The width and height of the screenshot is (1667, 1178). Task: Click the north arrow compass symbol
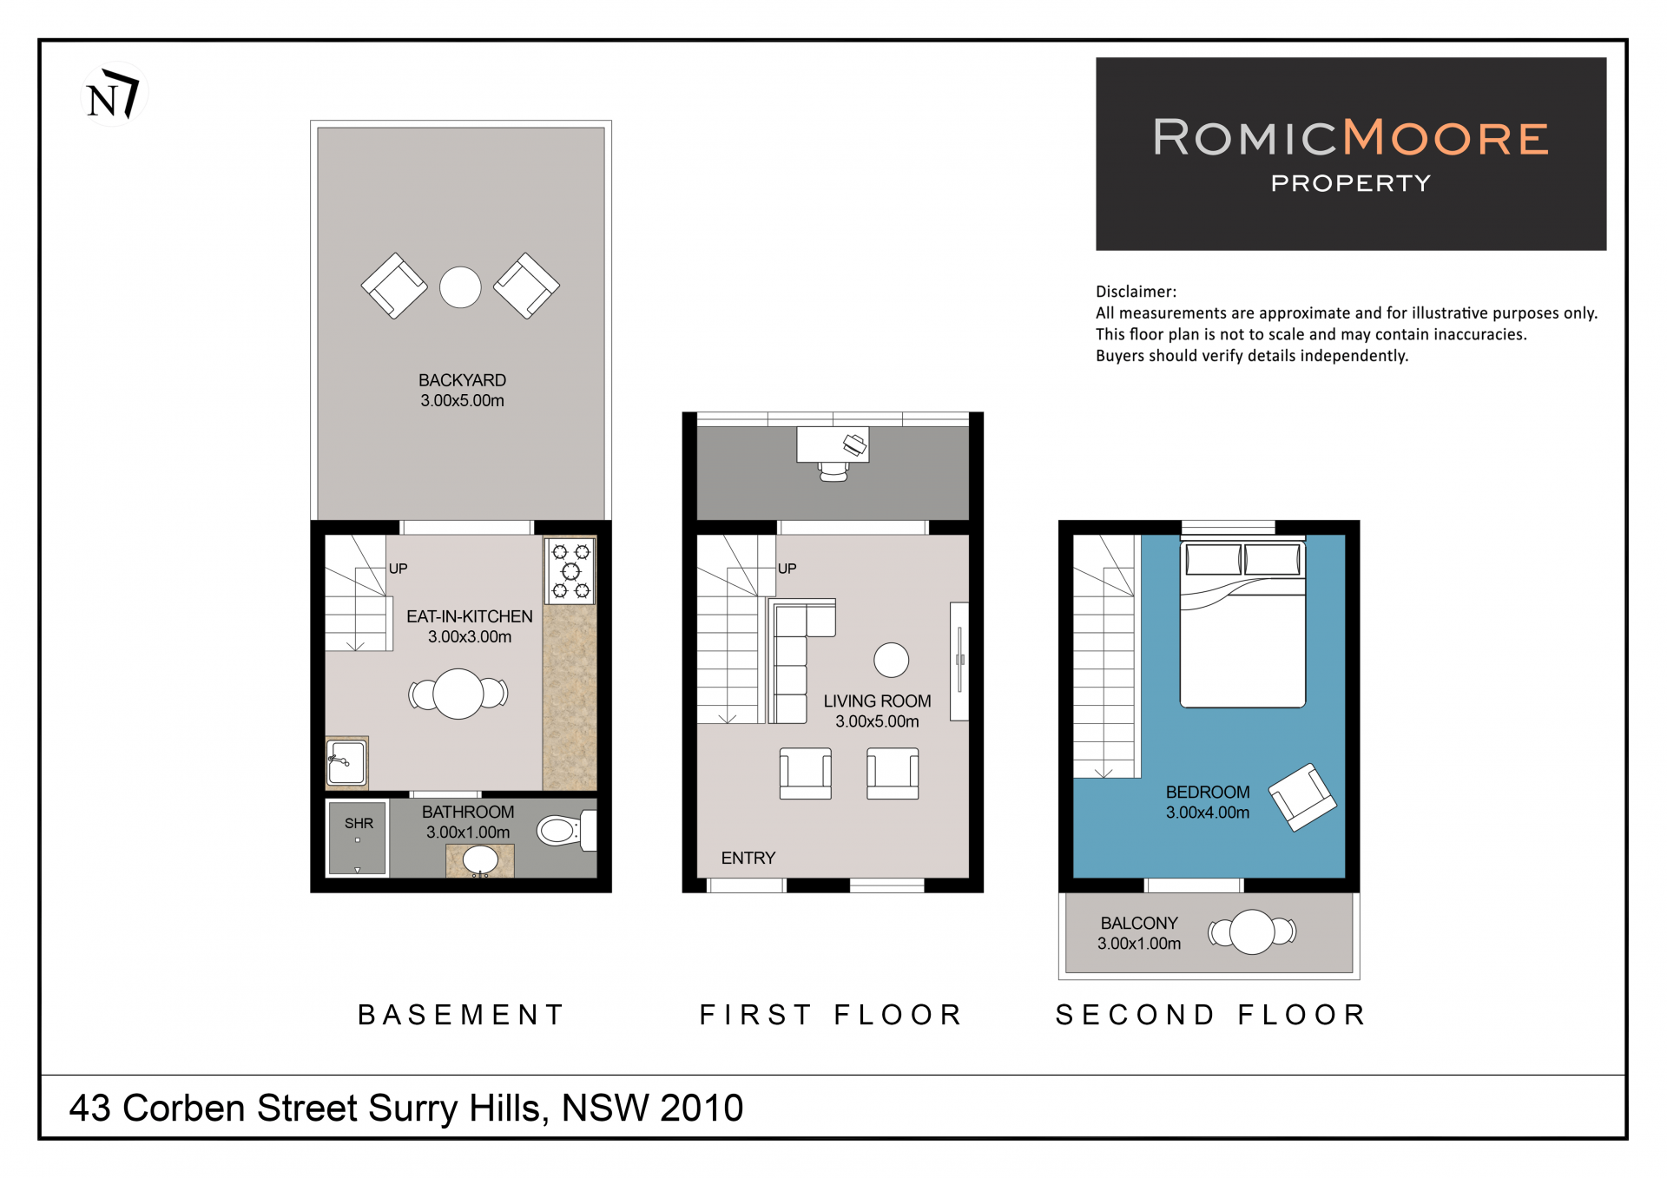pyautogui.click(x=114, y=94)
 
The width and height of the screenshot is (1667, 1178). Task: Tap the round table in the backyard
pyautogui.click(x=460, y=287)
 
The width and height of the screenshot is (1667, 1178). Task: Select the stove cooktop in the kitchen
pyautogui.click(x=570, y=570)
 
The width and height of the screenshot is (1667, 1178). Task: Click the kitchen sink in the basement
pyautogui.click(x=346, y=761)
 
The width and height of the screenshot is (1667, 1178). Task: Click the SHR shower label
pyautogui.click(x=359, y=823)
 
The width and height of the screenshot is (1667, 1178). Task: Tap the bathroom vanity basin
pyautogui.click(x=480, y=860)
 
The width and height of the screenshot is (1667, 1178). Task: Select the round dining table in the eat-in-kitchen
pyautogui.click(x=458, y=694)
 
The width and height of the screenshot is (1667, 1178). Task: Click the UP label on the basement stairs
pyautogui.click(x=398, y=569)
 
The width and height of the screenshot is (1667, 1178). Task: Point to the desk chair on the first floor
pyautogui.click(x=833, y=471)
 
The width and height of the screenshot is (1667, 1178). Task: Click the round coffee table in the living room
pyautogui.click(x=891, y=660)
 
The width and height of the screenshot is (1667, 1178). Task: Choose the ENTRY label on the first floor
pyautogui.click(x=748, y=858)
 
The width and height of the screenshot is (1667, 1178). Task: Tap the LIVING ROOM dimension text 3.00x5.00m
pyautogui.click(x=877, y=721)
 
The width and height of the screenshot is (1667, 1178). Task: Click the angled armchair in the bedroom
pyautogui.click(x=1302, y=797)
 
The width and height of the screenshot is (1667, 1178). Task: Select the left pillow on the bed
pyautogui.click(x=1213, y=559)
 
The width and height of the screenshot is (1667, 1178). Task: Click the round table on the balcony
pyautogui.click(x=1252, y=931)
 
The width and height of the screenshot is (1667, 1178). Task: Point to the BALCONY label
pyautogui.click(x=1139, y=923)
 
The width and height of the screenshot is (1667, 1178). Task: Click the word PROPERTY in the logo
pyautogui.click(x=1351, y=183)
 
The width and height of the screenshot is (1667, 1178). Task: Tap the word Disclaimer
pyautogui.click(x=1136, y=292)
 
